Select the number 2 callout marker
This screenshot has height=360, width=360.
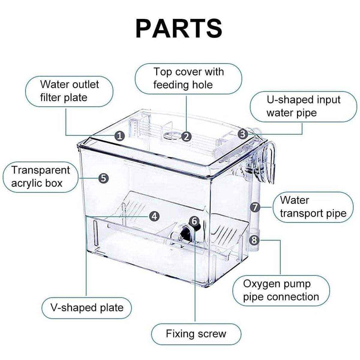click(187, 136)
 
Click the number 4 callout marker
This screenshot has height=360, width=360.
click(154, 216)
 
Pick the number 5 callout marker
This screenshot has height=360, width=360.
click(103, 178)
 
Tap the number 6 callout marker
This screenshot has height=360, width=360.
click(194, 221)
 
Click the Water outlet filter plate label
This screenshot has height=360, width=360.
click(69, 91)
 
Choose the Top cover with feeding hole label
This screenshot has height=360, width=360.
click(188, 78)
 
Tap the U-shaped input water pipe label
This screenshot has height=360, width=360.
click(303, 106)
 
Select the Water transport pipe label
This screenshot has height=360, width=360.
click(313, 207)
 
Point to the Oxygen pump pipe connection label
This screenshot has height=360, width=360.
click(281, 290)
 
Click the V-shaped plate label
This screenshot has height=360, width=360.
click(87, 307)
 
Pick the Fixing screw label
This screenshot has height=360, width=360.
click(196, 334)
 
